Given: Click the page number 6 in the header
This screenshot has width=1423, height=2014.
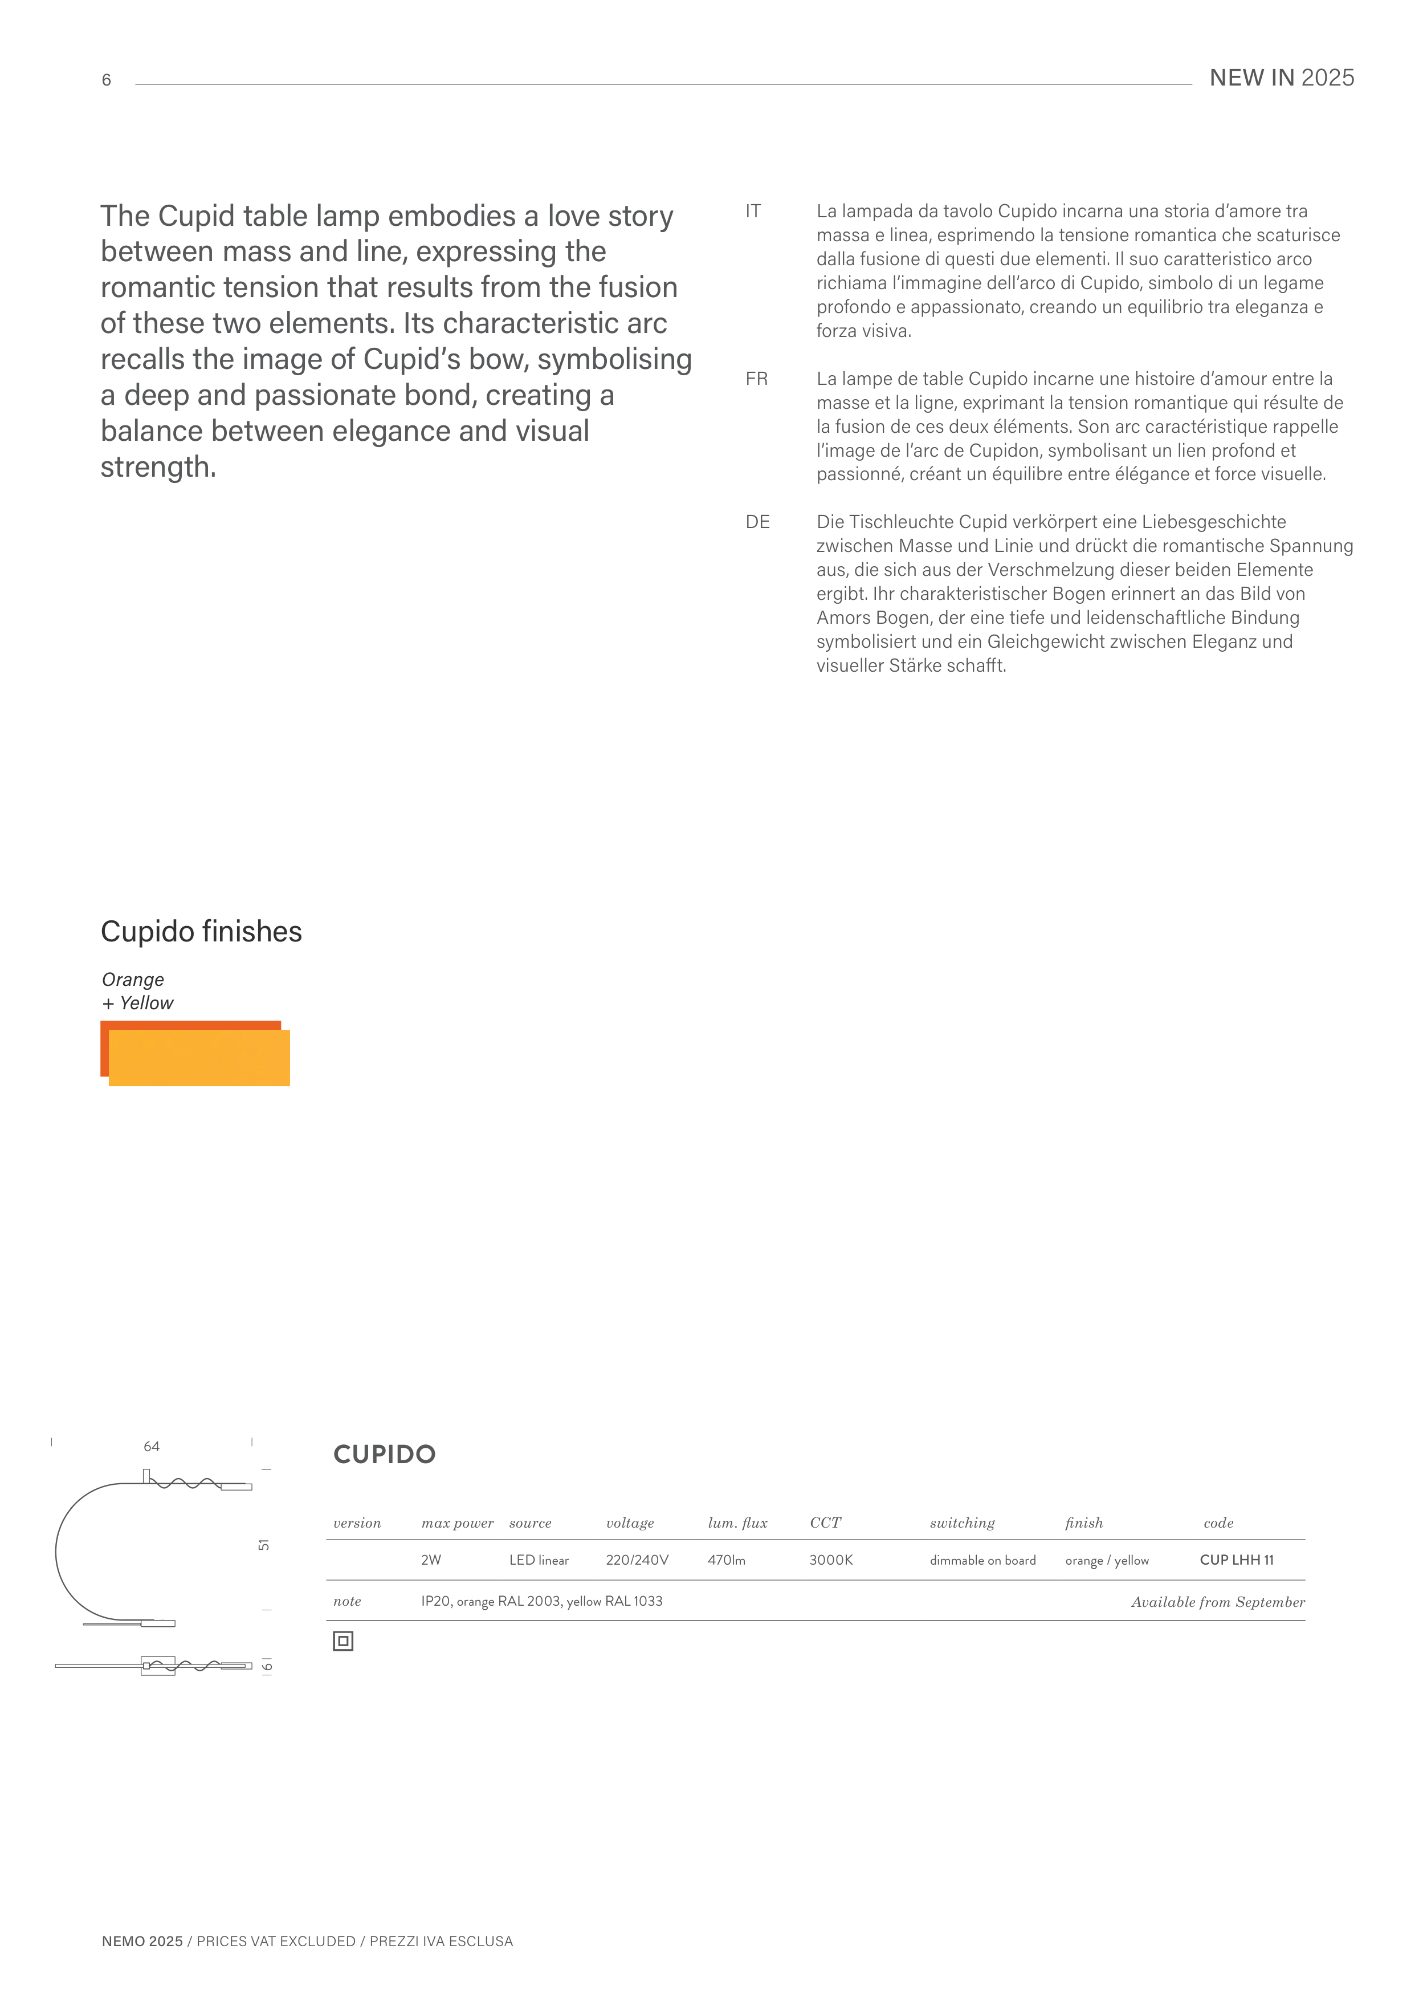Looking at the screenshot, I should [x=106, y=80].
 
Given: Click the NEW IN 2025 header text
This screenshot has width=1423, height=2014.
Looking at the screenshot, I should [x=1281, y=78].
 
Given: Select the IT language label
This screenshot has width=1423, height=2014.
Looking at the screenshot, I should [x=752, y=212].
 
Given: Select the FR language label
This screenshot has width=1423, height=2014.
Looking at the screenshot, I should [x=756, y=379].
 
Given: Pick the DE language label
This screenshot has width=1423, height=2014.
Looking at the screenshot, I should [x=757, y=522].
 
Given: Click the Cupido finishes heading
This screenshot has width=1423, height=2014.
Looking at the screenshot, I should [x=201, y=932].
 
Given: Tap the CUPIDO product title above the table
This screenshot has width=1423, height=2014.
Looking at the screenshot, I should [x=384, y=1455].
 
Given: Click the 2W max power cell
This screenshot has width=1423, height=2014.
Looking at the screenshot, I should [x=430, y=1561].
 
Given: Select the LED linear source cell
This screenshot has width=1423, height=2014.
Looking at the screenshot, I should [x=539, y=1561].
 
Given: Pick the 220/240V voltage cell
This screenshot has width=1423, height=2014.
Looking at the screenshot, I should [x=637, y=1561].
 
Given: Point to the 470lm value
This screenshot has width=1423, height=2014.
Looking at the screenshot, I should [x=726, y=1561].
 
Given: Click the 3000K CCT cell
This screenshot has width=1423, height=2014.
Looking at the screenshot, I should [x=830, y=1561].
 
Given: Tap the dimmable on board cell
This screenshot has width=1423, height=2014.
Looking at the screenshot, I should [x=982, y=1561].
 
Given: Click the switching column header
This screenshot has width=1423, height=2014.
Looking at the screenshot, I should [x=962, y=1524].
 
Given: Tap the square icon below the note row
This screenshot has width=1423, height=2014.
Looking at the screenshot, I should [x=343, y=1641].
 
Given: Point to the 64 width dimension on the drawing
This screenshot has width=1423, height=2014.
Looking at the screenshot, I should [x=152, y=1447].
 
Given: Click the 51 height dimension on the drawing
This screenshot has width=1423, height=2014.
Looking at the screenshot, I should [x=264, y=1545].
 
